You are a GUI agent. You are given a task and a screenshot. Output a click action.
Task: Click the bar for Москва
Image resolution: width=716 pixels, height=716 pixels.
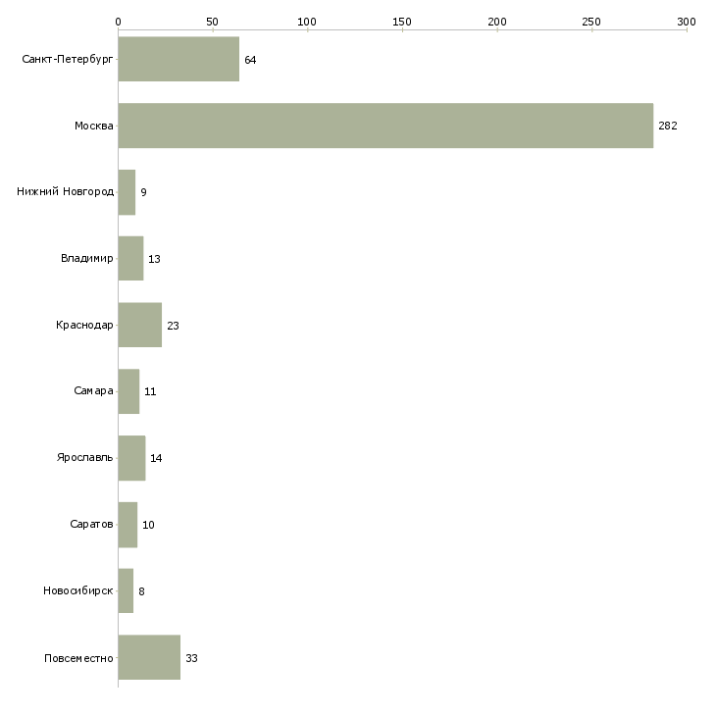pos(385,126)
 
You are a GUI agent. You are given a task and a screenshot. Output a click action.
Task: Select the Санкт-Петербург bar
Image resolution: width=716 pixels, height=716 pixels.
pos(179,59)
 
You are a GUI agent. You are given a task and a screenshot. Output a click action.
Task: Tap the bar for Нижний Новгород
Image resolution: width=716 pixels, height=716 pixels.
pos(127,192)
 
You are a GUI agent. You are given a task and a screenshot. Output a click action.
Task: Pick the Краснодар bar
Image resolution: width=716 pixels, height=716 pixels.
pos(140,325)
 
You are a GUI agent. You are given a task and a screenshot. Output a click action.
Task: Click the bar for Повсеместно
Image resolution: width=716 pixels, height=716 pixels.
pos(149,657)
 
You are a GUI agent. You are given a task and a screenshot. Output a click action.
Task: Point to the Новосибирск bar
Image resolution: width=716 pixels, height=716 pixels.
pos(126,590)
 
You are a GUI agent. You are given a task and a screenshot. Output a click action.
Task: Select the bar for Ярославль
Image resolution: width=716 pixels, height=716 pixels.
pos(132,458)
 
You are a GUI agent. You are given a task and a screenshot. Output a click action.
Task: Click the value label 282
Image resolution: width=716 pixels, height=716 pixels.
pos(668,126)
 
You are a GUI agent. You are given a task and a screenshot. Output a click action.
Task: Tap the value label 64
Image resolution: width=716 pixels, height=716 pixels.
pos(250,60)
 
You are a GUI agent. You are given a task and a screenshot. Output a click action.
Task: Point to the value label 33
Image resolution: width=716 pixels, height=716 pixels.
pos(191,658)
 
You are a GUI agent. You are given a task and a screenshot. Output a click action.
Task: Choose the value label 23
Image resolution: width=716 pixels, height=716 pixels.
pos(173,326)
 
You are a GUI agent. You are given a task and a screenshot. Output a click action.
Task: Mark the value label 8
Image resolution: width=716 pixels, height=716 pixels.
pos(141,591)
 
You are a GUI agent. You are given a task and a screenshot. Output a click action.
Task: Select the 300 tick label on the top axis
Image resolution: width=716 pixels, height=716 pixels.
pos(687,22)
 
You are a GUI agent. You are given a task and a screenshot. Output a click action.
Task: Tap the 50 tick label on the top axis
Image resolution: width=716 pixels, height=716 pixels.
pos(212,22)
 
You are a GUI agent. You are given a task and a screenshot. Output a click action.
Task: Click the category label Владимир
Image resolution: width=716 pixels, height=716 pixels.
pos(86,259)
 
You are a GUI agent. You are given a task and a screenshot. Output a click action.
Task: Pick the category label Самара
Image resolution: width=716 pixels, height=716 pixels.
pos(93,391)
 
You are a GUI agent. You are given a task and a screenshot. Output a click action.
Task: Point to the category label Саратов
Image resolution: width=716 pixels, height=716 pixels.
pos(91,524)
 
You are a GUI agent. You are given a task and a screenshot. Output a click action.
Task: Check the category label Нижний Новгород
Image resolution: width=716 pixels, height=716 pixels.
pos(66,191)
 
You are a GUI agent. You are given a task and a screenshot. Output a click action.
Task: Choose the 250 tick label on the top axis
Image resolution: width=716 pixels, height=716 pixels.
pos(591,22)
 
